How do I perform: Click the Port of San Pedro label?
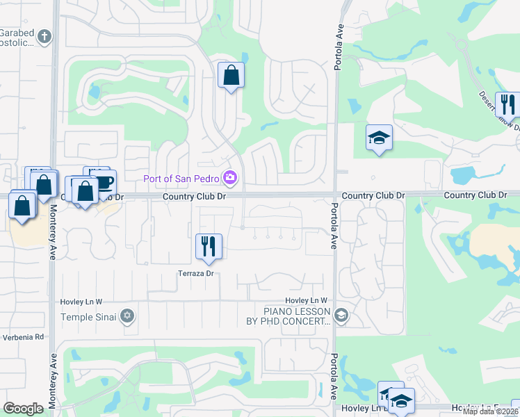[181, 179]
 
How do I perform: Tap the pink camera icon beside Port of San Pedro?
[230, 179]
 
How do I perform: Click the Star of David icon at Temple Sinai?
[126, 317]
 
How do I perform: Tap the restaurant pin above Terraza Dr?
[209, 247]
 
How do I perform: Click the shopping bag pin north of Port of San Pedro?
[231, 76]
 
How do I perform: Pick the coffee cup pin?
[104, 183]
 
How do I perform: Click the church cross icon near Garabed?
[44, 36]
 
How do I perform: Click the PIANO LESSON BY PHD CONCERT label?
[297, 317]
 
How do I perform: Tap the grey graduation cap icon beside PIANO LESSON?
[341, 317]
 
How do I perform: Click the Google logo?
[23, 409]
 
